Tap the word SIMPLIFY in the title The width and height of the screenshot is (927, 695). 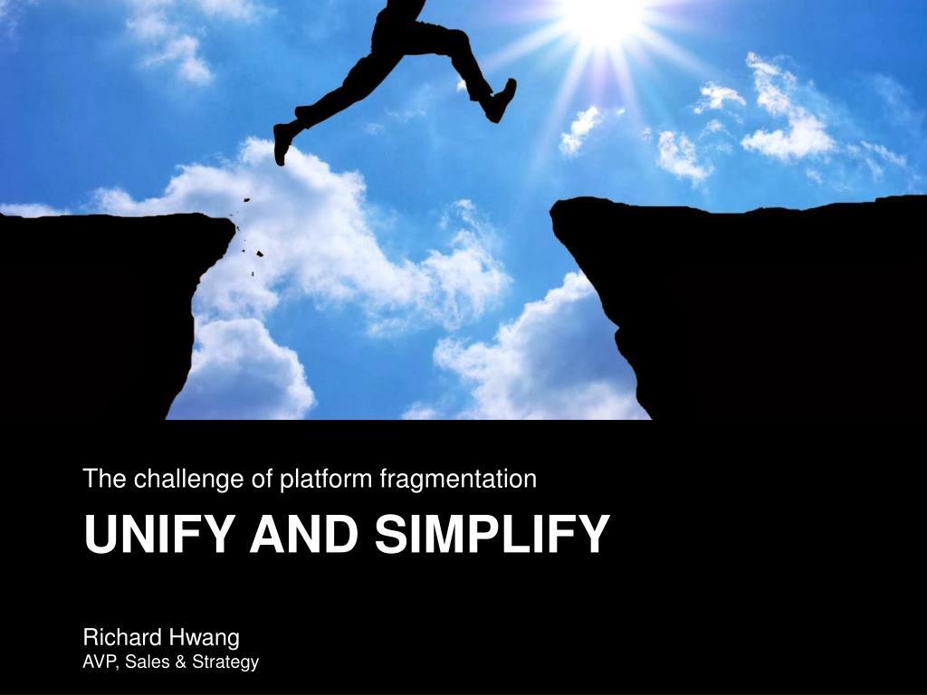point(492,534)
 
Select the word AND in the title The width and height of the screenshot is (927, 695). point(304,534)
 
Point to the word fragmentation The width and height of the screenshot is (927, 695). point(458,478)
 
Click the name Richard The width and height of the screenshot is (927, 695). point(122,638)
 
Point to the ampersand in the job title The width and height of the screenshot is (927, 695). point(181,662)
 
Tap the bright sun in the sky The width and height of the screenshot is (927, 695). point(603,18)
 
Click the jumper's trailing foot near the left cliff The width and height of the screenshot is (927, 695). point(282,143)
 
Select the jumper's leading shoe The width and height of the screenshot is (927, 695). point(502,100)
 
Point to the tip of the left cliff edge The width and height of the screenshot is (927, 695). point(234,223)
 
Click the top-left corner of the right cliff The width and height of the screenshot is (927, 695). point(553,205)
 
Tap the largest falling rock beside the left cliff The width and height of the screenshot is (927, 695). point(259,253)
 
